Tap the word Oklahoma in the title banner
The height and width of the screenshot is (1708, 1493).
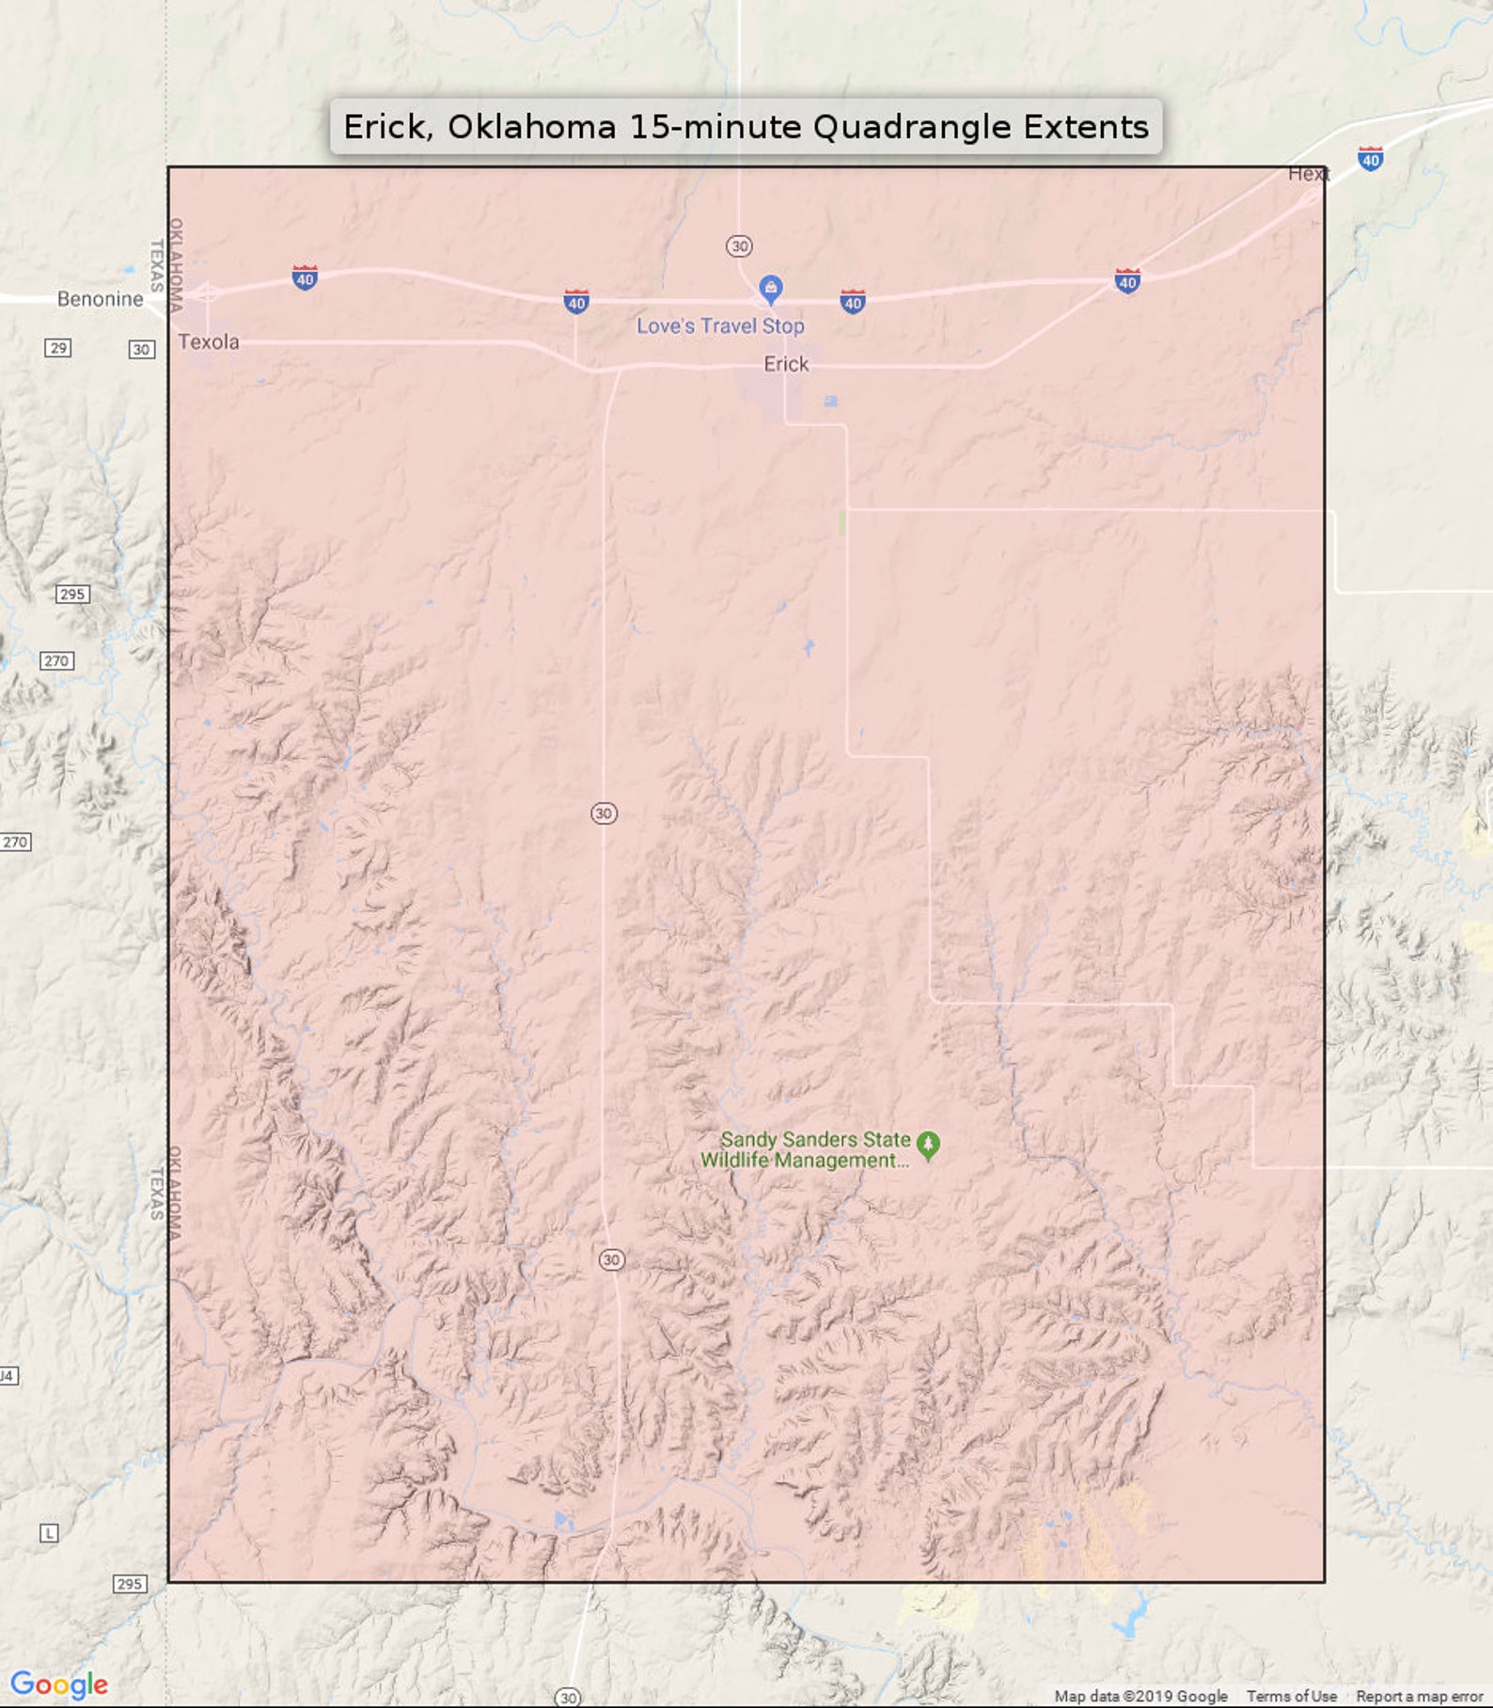coord(531,127)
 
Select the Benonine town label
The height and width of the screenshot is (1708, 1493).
coord(100,299)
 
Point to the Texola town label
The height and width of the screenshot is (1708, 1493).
coord(209,341)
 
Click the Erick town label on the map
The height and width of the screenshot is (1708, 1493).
coord(786,364)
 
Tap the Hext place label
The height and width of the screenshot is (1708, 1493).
coord(1308,174)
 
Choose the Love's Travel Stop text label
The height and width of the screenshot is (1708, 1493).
coord(720,326)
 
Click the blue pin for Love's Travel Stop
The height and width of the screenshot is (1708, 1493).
coord(771,289)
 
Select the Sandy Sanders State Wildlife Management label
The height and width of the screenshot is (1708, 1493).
coord(806,1149)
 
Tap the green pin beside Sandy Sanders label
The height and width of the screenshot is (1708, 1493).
coord(928,1145)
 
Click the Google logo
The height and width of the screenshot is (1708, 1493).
coord(58,1684)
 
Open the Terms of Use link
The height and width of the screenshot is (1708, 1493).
coord(1291,1696)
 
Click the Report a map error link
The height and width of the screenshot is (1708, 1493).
coord(1419,1696)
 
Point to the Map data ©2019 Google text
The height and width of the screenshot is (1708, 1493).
coord(1140,1696)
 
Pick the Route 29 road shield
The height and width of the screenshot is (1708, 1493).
coord(58,348)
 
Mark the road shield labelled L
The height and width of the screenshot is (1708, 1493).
coord(49,1533)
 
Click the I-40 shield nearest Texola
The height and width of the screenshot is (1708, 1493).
coord(305,278)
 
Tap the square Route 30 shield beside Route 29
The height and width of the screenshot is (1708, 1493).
coord(141,349)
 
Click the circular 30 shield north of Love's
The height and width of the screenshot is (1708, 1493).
coord(739,246)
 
